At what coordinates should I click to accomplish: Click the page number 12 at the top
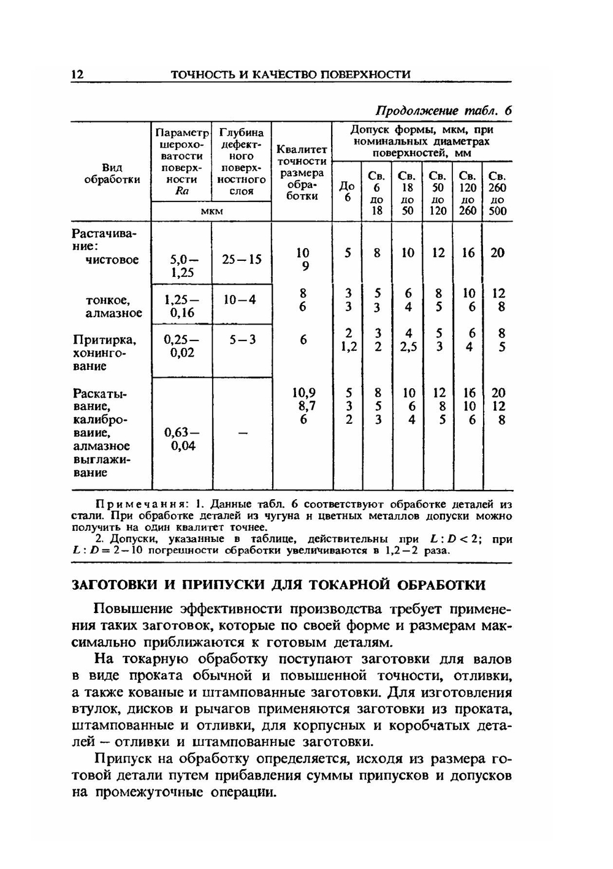click(77, 74)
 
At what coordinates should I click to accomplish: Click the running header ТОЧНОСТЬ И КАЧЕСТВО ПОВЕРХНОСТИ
click(290, 74)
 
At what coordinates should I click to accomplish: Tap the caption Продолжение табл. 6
click(443, 110)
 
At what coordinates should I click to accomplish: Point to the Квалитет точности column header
click(302, 173)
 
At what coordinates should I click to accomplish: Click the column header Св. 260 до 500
click(497, 194)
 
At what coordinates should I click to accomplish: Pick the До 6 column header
click(347, 192)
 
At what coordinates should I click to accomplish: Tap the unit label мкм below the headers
click(211, 211)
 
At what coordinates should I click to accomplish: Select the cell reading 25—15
click(242, 260)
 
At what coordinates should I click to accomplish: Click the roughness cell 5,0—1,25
click(181, 266)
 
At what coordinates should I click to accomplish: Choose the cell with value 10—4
click(240, 300)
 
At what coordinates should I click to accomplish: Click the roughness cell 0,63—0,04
click(181, 439)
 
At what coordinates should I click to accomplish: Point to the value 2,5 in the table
click(408, 347)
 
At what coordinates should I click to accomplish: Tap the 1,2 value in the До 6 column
click(348, 347)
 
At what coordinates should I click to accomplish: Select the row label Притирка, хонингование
click(104, 353)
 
